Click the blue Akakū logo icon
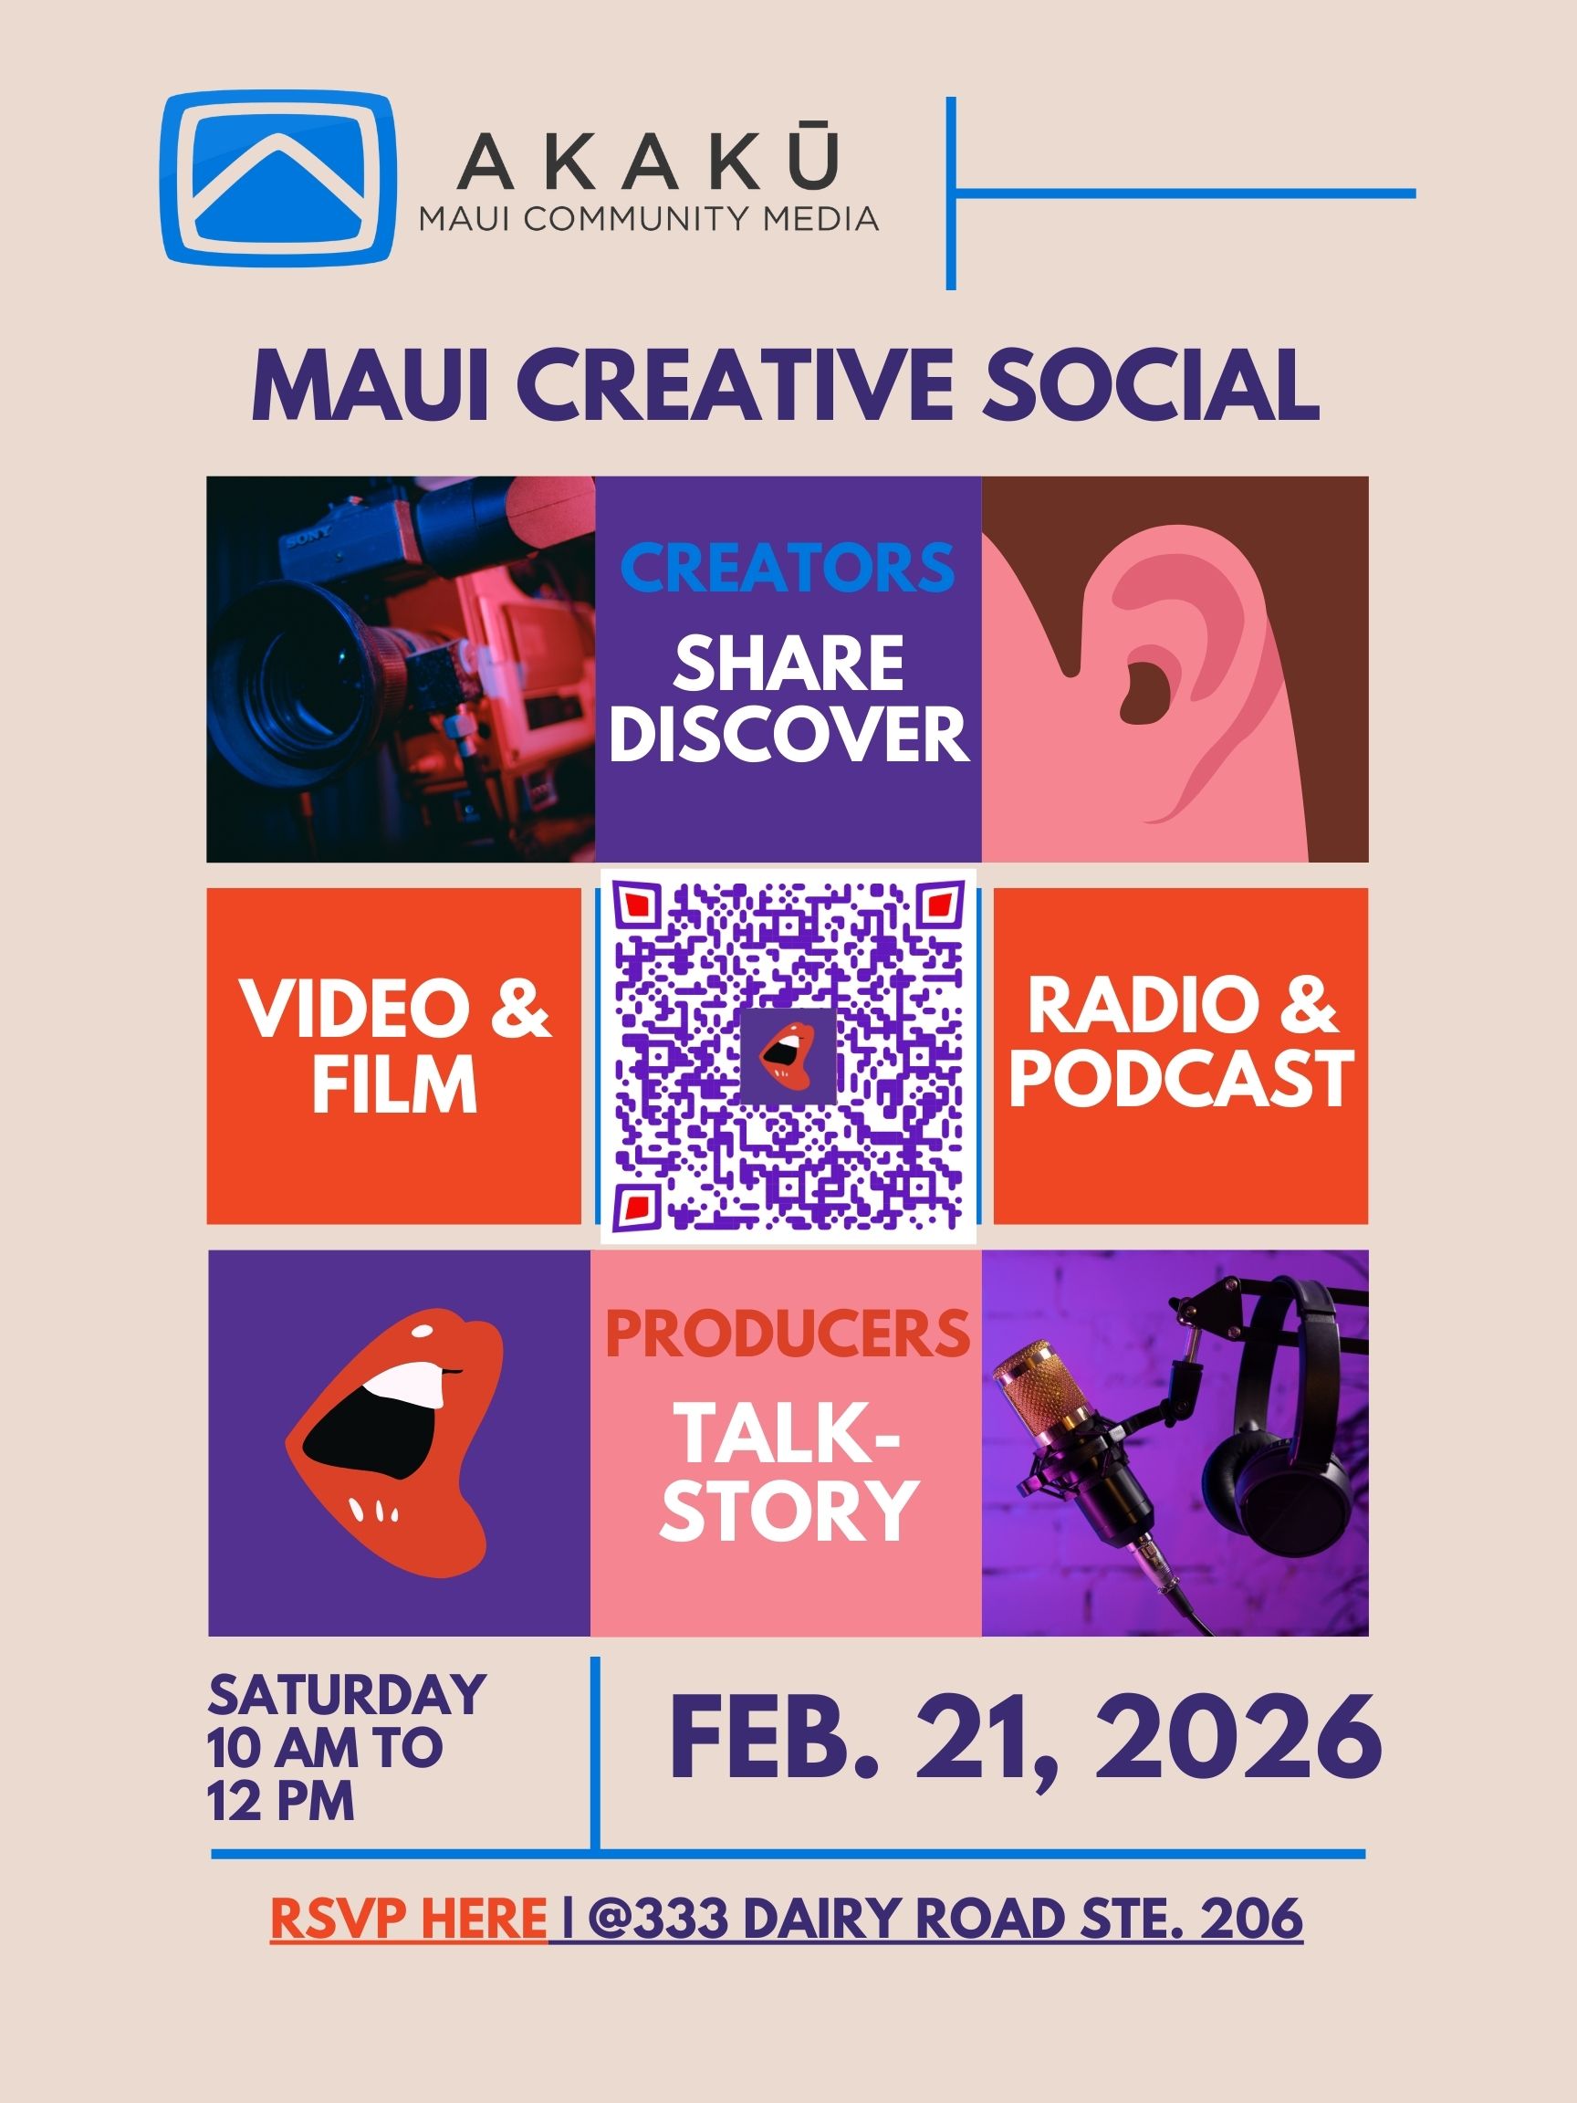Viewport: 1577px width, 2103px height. [277, 177]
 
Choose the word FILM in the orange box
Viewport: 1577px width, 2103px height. [394, 1083]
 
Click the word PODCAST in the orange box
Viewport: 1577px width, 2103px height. [1181, 1078]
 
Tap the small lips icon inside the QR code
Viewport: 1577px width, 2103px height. [788, 1056]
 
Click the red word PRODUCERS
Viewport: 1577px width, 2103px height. [788, 1334]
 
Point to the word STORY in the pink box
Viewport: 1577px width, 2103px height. [788, 1510]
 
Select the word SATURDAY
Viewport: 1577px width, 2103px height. [348, 1695]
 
